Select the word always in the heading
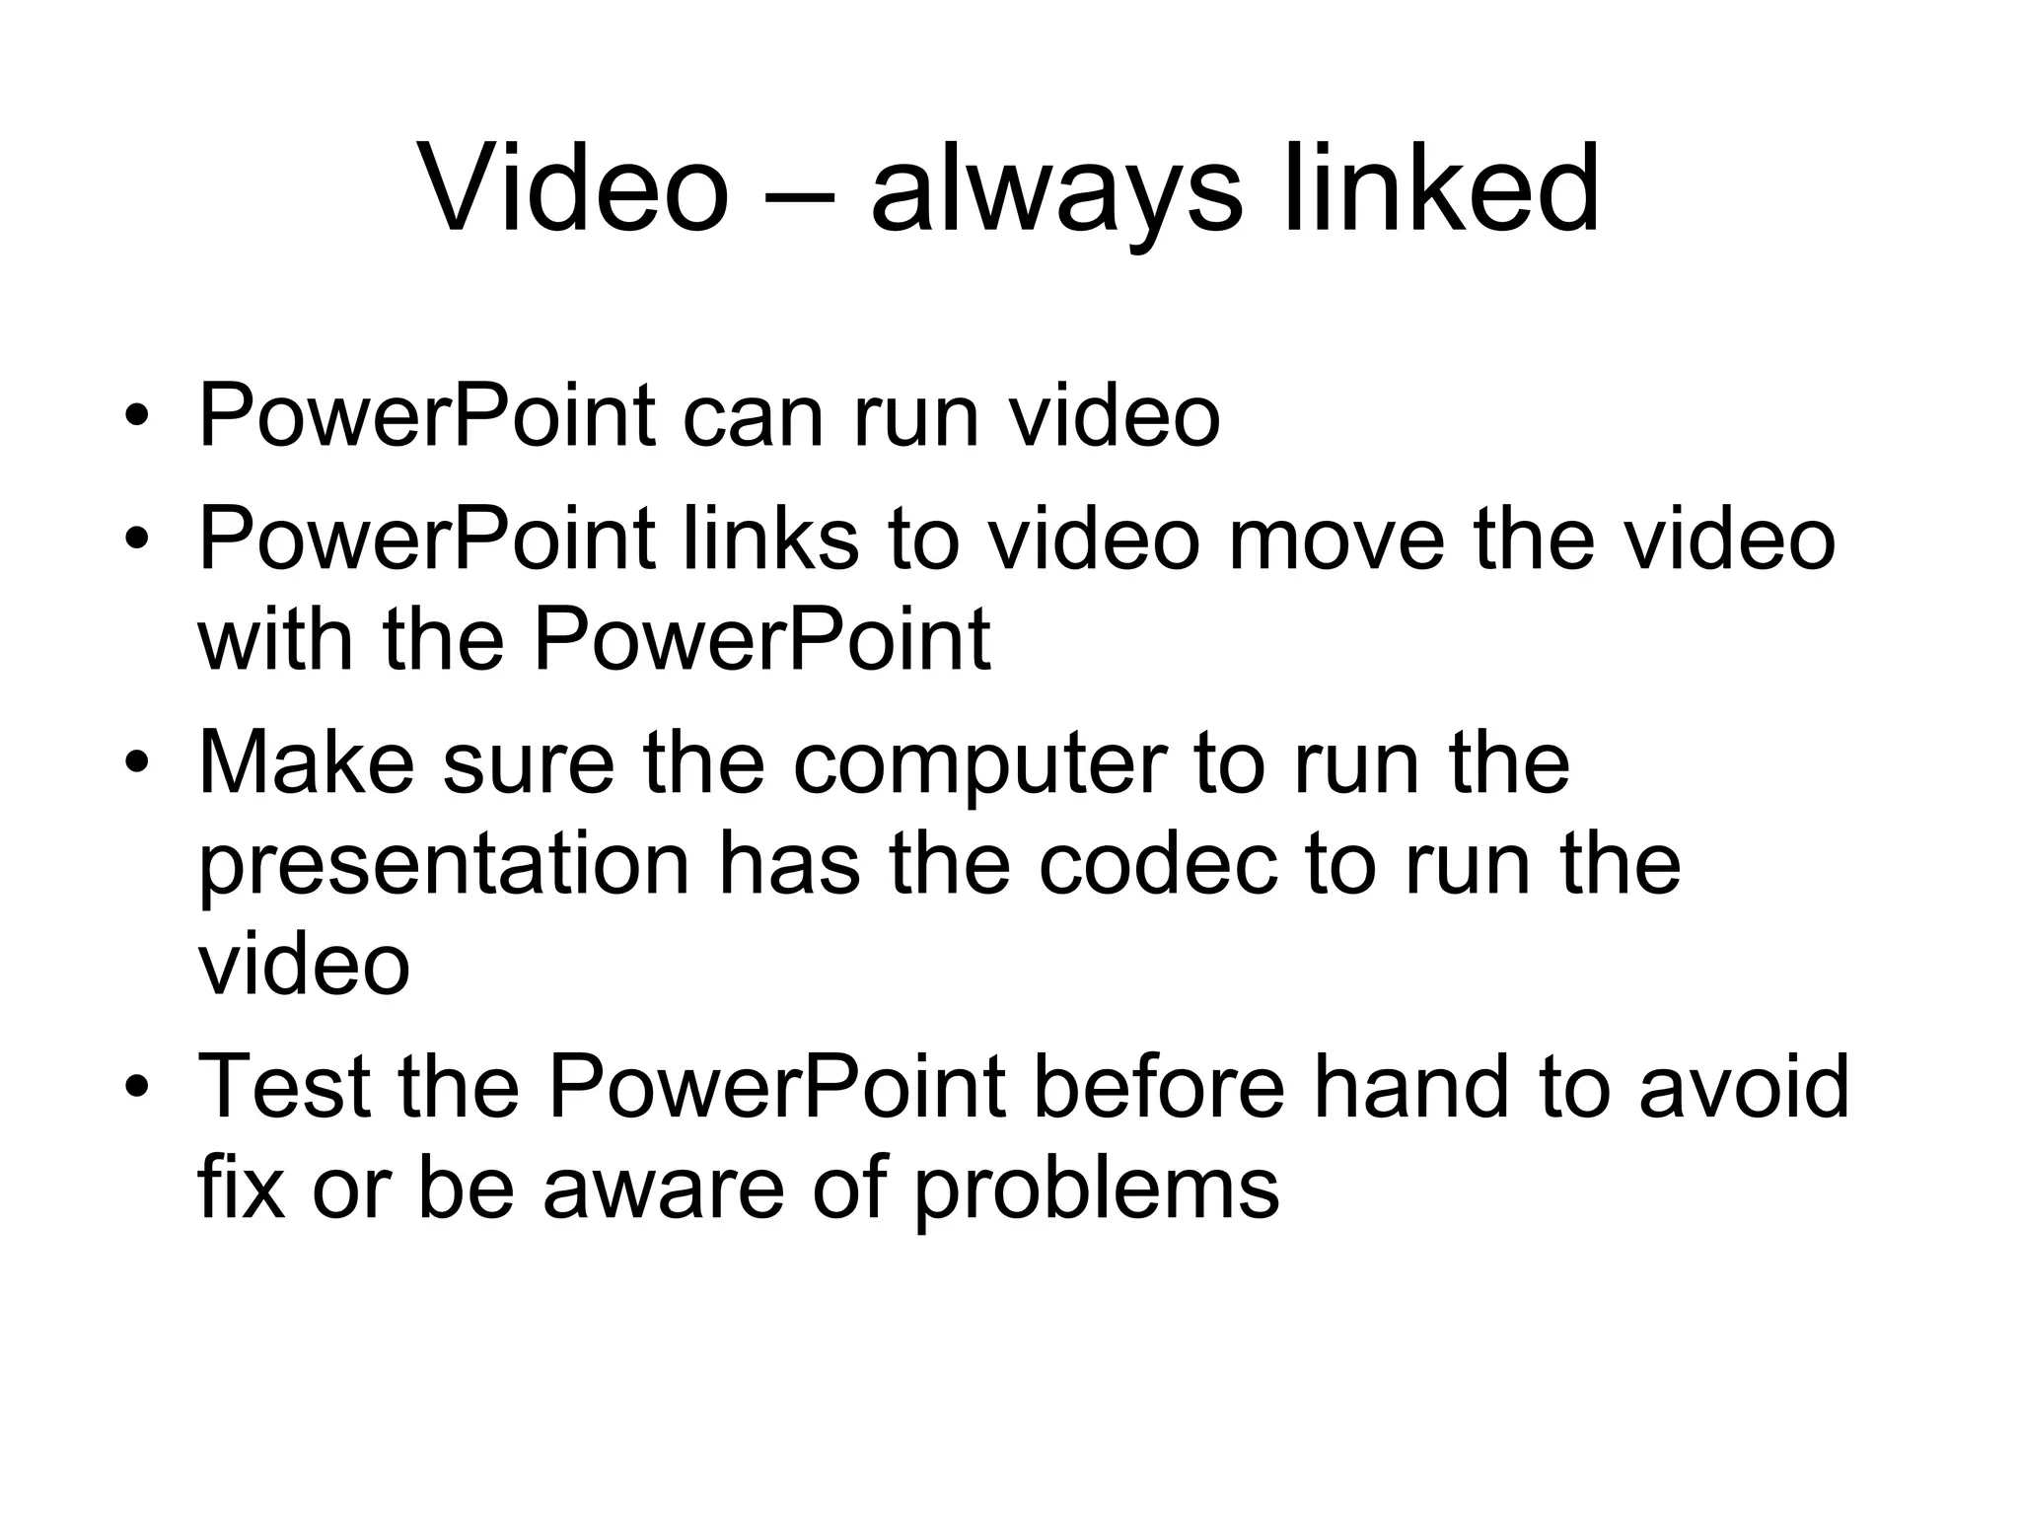click(1055, 192)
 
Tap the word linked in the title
click(1441, 187)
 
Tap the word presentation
click(444, 868)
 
